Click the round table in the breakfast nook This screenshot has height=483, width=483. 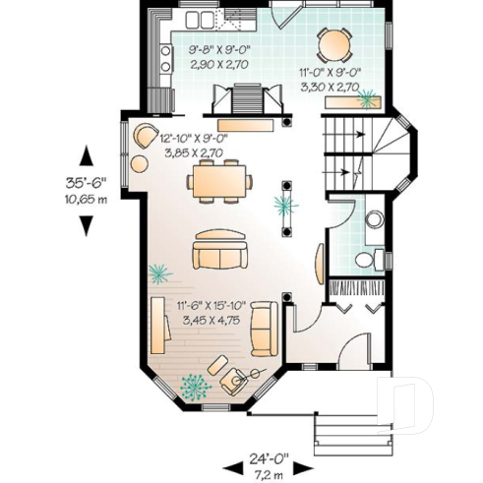333,43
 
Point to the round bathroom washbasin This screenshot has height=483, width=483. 374,219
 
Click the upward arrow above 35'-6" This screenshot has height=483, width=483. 88,155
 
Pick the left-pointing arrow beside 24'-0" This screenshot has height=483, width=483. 234,466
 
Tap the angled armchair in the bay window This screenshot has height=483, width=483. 234,378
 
